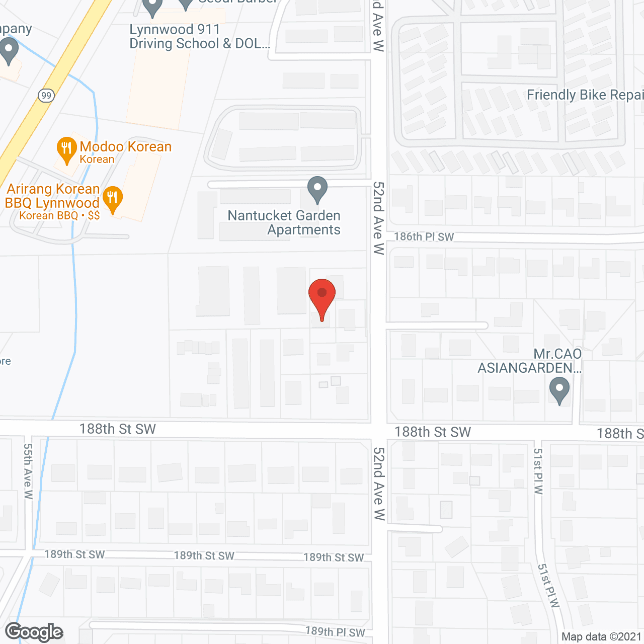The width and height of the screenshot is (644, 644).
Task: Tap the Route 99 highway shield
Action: [46, 96]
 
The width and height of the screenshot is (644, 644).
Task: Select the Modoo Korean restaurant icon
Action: [66, 149]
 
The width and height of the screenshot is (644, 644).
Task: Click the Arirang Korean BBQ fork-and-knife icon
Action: [113, 199]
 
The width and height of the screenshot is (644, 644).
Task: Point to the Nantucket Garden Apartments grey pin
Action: [317, 190]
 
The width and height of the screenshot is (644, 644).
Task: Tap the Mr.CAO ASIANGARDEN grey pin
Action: [559, 390]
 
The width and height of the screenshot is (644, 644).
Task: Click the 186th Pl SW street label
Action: [424, 237]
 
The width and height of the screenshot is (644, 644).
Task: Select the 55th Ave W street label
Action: [28, 471]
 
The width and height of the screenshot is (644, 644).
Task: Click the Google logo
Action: [34, 632]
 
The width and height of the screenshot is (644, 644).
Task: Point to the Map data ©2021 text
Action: [602, 637]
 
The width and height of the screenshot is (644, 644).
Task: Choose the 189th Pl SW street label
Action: [335, 632]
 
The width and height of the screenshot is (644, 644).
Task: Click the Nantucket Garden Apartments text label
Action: [284, 222]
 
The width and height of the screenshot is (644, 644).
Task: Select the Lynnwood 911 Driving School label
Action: [199, 37]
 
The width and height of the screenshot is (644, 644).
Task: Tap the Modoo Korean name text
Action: [126, 147]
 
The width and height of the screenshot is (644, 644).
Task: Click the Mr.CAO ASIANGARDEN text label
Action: [530, 361]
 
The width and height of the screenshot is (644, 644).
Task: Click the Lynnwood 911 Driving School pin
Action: [152, 7]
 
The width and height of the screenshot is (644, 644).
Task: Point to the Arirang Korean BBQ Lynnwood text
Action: [52, 196]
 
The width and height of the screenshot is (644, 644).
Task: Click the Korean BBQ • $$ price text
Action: [59, 216]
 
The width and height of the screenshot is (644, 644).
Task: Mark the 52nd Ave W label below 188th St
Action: [379, 484]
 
